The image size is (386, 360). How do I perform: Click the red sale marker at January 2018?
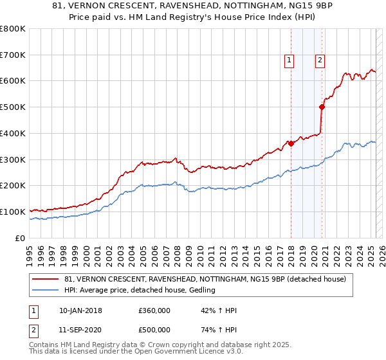pos(291,143)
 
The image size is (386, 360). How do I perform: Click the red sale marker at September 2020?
pos(322,107)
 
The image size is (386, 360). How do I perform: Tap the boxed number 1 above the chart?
pos(289,61)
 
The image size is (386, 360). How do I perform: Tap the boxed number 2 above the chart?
pos(320,61)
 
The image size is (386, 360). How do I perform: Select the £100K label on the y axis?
pos(13,212)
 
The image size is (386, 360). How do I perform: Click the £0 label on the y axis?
pos(19,238)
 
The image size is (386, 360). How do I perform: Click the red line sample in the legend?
pos(45,279)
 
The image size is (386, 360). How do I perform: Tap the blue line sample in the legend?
pos(45,291)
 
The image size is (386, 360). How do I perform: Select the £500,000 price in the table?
pos(154,330)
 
